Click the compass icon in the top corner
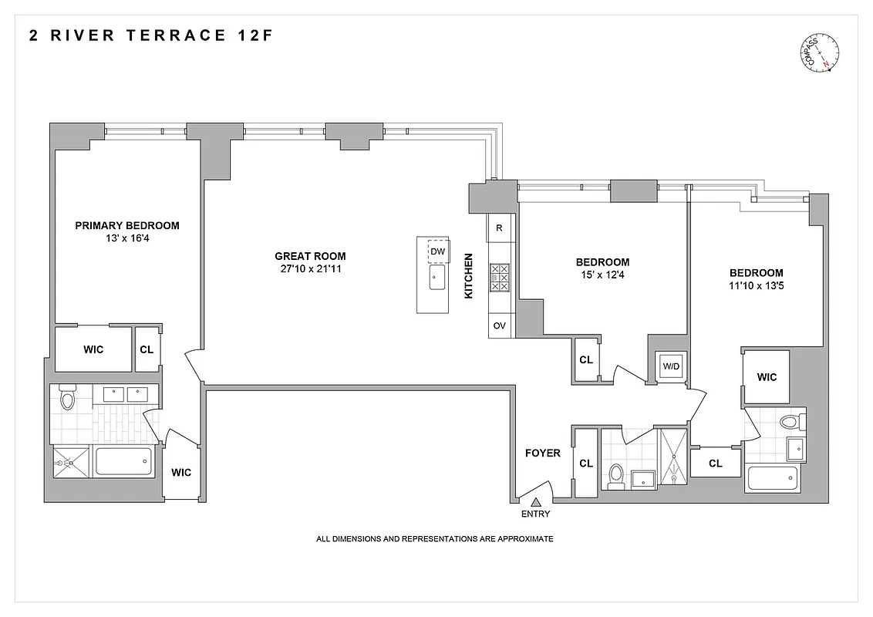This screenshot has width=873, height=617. tap(821, 55)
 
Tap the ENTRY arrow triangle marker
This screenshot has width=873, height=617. tap(534, 502)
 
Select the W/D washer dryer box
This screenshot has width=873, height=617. tap(671, 366)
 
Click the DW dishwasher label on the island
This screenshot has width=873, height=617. tap(437, 251)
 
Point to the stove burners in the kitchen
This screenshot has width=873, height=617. tap(499, 277)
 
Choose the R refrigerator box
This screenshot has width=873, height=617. tap(499, 228)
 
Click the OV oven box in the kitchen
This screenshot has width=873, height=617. tap(499, 325)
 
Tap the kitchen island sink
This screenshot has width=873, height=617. tap(436, 278)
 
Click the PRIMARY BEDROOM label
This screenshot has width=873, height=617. tap(127, 226)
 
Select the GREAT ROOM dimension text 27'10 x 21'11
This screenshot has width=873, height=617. tap(310, 269)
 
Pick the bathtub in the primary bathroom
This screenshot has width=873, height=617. tap(123, 463)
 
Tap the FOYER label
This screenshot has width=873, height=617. tap(542, 453)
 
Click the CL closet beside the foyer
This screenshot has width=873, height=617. tap(586, 463)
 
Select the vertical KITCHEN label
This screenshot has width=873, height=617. tap(467, 276)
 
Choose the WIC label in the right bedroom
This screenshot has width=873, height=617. tap(767, 377)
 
